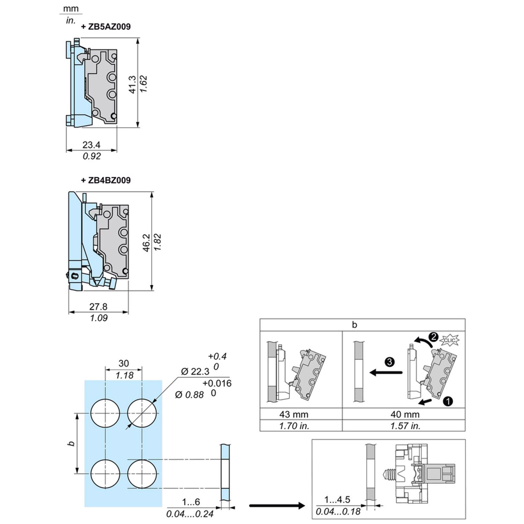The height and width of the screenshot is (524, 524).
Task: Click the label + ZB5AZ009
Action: pyautogui.click(x=106, y=27)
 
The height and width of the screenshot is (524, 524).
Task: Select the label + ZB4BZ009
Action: pyautogui.click(x=106, y=180)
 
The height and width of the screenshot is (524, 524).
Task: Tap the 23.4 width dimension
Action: pyautogui.click(x=91, y=145)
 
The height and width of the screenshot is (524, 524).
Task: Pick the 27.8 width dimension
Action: pyautogui.click(x=98, y=307)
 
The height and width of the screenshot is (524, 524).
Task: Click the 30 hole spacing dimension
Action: pyautogui.click(x=124, y=363)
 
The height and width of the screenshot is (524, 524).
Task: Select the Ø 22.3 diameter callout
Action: pyautogui.click(x=195, y=372)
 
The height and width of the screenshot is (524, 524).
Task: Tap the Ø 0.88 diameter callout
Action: pyautogui.click(x=189, y=395)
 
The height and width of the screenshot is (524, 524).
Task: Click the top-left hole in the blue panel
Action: pyautogui.click(x=105, y=413)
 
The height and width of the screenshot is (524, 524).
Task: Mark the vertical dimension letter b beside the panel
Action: pyautogui.click(x=72, y=443)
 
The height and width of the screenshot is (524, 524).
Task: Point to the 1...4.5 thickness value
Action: pyautogui.click(x=337, y=500)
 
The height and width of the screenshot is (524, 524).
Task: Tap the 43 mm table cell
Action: pyautogui.click(x=293, y=414)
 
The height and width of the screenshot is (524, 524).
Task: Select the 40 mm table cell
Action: pyautogui.click(x=405, y=414)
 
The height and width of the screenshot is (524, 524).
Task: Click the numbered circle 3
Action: pyautogui.click(x=390, y=362)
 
